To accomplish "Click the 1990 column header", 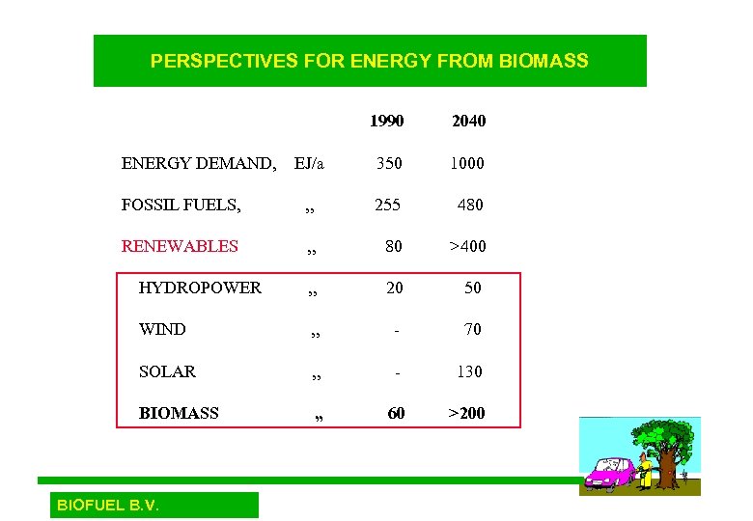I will click(386, 122).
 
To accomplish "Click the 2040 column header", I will click(468, 122).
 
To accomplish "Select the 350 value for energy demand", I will click(389, 164).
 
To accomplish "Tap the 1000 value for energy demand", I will click(466, 164).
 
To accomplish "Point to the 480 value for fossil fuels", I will click(470, 205).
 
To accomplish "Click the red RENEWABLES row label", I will click(180, 246).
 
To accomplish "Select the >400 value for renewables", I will click(467, 246).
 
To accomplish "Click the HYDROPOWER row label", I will click(200, 288).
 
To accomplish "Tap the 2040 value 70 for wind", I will click(472, 329).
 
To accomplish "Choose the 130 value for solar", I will click(469, 371).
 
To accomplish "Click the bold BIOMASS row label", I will click(179, 413).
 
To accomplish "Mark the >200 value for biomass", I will click(467, 413).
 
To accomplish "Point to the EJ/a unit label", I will click(309, 164).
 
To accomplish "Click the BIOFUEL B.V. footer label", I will click(108, 505).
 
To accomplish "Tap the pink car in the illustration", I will click(609, 476).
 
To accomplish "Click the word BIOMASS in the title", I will click(544, 61).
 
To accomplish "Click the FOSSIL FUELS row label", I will click(181, 205).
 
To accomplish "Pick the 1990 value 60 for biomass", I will click(396, 413).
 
